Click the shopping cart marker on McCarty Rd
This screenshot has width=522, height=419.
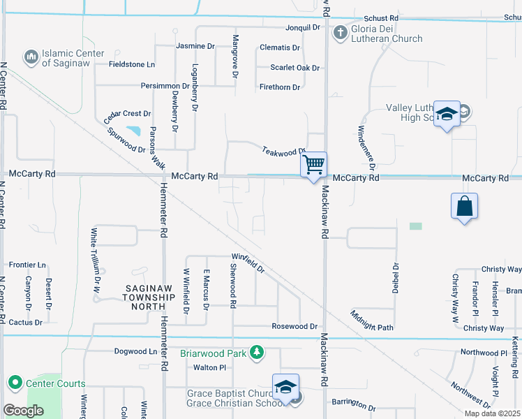click(314, 166)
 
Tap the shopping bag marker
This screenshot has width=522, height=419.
click(464, 206)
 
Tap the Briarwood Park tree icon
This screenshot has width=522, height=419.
click(258, 353)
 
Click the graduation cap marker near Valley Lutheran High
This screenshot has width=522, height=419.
click(446, 114)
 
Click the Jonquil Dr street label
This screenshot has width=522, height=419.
click(302, 28)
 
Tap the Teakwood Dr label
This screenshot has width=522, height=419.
click(284, 150)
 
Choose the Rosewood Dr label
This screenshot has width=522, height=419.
click(294, 326)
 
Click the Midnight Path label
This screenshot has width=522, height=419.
click(372, 321)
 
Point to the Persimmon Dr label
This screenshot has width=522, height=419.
click(165, 87)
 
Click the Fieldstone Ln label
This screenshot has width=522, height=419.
click(132, 64)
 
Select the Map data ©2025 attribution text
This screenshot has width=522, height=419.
click(491, 413)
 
